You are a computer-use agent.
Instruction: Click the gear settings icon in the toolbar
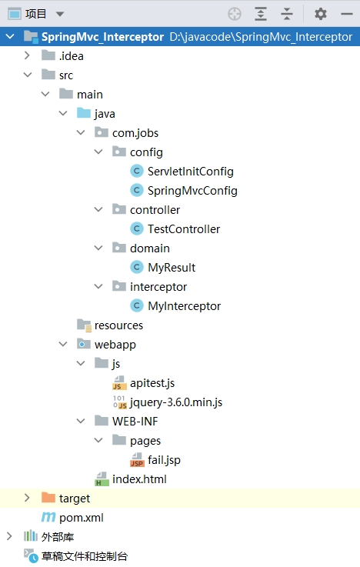click(x=320, y=14)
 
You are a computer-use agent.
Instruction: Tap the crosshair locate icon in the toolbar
click(x=235, y=14)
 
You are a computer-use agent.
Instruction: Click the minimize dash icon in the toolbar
click(x=347, y=14)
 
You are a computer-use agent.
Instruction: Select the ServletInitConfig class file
click(x=191, y=171)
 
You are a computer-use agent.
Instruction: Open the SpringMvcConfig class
click(x=192, y=190)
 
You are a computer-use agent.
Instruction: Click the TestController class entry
click(x=184, y=229)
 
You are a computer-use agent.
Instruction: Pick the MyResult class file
click(x=172, y=267)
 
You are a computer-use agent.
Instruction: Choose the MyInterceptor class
click(x=184, y=306)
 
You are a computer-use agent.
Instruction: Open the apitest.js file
click(x=152, y=383)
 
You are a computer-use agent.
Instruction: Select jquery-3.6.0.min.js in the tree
click(x=176, y=402)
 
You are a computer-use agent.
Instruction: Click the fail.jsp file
click(x=164, y=460)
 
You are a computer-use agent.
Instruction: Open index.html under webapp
click(x=139, y=479)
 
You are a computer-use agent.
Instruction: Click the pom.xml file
click(x=82, y=518)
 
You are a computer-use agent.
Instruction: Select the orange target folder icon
click(x=48, y=498)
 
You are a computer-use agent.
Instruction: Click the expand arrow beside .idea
click(x=27, y=55)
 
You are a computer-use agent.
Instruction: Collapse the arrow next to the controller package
click(x=98, y=209)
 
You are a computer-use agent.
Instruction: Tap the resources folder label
click(x=118, y=325)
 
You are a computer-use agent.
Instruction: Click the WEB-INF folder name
click(x=135, y=422)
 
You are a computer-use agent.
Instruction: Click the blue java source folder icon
click(x=84, y=113)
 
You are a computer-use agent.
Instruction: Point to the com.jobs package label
click(x=135, y=132)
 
